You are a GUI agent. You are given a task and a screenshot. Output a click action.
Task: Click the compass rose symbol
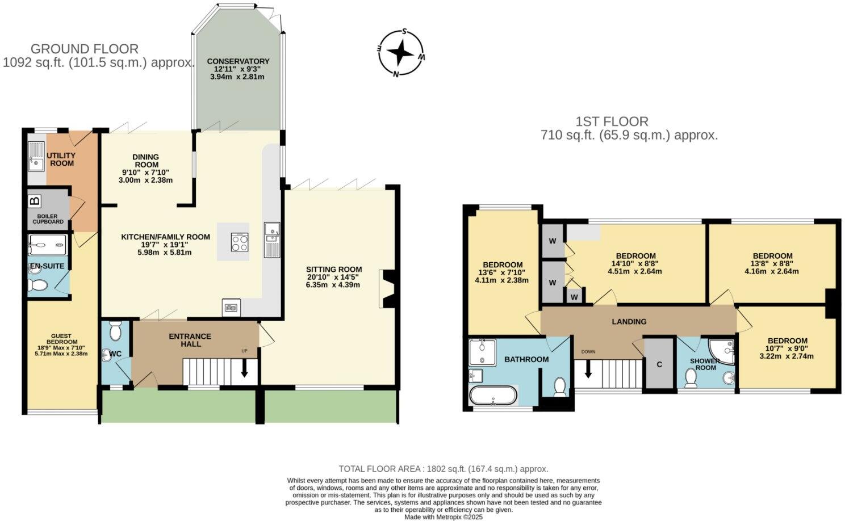[x=401, y=53]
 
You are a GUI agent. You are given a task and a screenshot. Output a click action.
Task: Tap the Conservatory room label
[x=238, y=61]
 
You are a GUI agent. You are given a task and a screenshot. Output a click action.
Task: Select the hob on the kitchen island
[x=240, y=242]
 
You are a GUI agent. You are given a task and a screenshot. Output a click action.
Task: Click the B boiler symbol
[x=35, y=201]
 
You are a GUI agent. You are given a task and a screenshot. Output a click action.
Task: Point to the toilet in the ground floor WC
[x=115, y=331]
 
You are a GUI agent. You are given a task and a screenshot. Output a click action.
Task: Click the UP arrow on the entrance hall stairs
[x=245, y=369]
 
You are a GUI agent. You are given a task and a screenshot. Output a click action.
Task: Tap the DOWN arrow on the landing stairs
[x=588, y=370]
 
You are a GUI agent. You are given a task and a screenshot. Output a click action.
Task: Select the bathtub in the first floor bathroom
[x=493, y=395]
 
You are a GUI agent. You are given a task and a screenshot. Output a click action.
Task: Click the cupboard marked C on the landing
[x=659, y=364]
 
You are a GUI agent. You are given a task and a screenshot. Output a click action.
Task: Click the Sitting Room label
[x=334, y=270]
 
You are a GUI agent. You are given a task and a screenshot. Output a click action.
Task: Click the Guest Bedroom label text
[x=61, y=338]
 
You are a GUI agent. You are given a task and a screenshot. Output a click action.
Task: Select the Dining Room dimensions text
[x=145, y=176]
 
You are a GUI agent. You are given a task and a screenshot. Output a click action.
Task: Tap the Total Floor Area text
[x=443, y=469]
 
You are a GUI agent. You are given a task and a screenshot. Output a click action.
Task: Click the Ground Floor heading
[x=85, y=49]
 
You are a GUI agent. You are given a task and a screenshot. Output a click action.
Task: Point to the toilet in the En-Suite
[x=38, y=284]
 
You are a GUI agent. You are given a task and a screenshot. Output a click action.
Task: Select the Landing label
[x=629, y=322]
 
